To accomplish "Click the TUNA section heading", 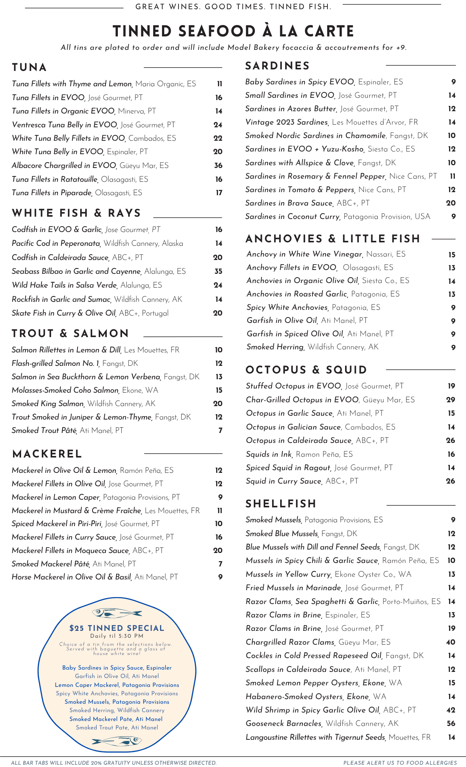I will (x=29, y=67).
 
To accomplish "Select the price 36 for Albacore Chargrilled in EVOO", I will (x=218, y=166).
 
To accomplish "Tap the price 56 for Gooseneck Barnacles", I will (x=451, y=724).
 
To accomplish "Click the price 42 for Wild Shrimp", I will (x=451, y=710).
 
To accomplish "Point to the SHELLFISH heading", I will (x=281, y=504).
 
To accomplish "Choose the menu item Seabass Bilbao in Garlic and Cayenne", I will (x=76, y=272).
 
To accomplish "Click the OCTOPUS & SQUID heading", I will (x=306, y=370).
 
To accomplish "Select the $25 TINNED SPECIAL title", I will (x=117, y=628).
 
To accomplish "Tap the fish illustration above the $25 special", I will (x=117, y=613).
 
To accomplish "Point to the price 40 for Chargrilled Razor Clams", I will (x=451, y=642).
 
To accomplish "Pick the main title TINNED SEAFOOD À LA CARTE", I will (x=233, y=31).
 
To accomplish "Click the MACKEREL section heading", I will (x=47, y=454).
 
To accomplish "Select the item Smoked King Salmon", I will (x=48, y=404).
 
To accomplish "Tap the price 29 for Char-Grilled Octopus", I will (x=451, y=400).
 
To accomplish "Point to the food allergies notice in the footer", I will (x=400, y=763).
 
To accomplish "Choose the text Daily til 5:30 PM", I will (x=117, y=636).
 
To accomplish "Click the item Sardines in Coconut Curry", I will (x=292, y=217).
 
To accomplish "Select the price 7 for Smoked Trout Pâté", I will (x=220, y=431).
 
